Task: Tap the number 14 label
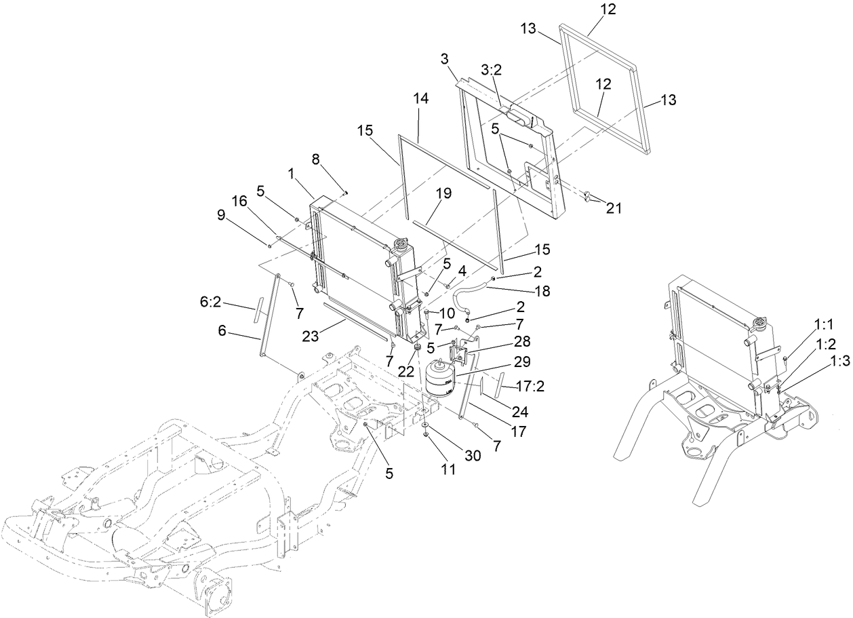click(x=420, y=99)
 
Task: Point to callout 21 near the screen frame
click(x=613, y=208)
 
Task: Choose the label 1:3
click(x=839, y=362)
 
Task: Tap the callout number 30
click(x=471, y=456)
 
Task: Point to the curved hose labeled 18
click(x=475, y=293)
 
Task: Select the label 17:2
click(x=531, y=387)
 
